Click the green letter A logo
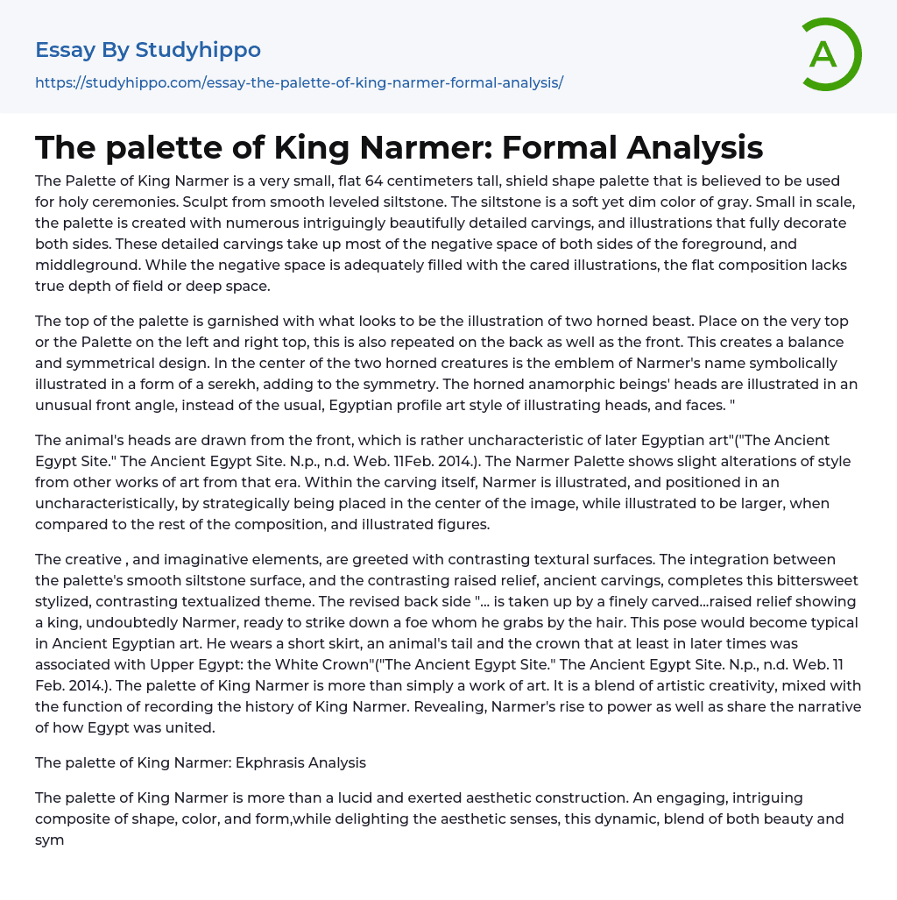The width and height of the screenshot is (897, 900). pyautogui.click(x=830, y=54)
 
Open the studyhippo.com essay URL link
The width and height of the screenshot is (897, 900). pyautogui.click(x=299, y=82)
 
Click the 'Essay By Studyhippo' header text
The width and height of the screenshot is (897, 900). pyautogui.click(x=148, y=50)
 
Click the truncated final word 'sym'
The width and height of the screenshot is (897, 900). pyautogui.click(x=50, y=840)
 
